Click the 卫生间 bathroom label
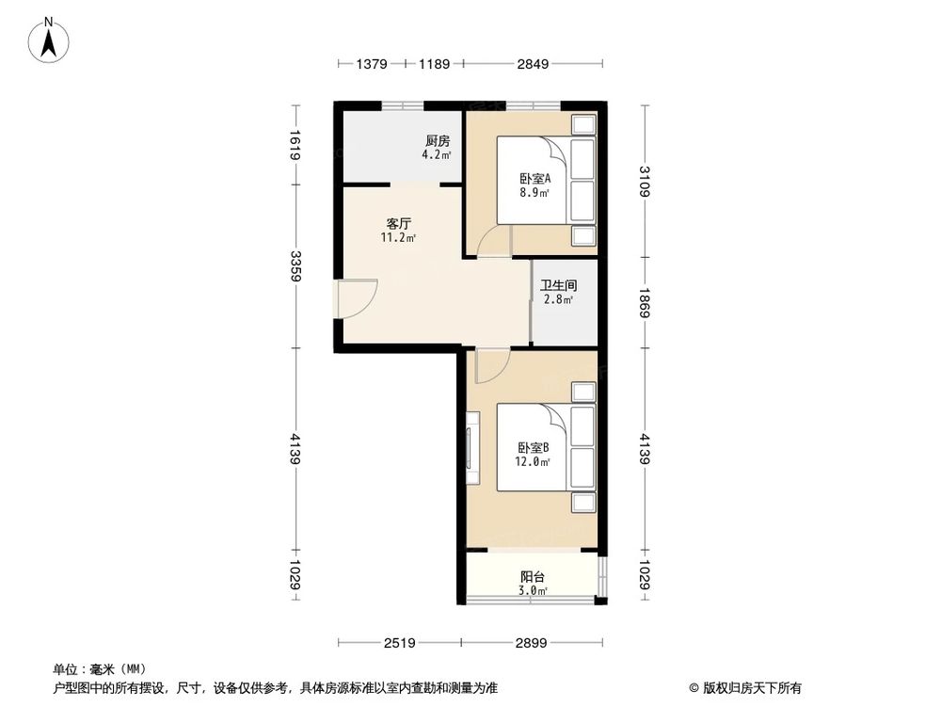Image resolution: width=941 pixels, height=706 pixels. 558,285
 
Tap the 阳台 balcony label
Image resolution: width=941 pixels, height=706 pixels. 534,577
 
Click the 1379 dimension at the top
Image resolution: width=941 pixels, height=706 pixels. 372,65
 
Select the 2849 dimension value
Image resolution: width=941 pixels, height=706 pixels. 534,65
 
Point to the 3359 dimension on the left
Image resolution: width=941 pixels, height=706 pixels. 295,266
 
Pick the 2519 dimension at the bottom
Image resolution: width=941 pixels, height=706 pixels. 399,642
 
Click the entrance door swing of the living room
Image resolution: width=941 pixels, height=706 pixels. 358,298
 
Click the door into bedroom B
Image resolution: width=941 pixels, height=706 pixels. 491,365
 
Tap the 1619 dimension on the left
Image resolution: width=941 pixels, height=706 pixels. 295,145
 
